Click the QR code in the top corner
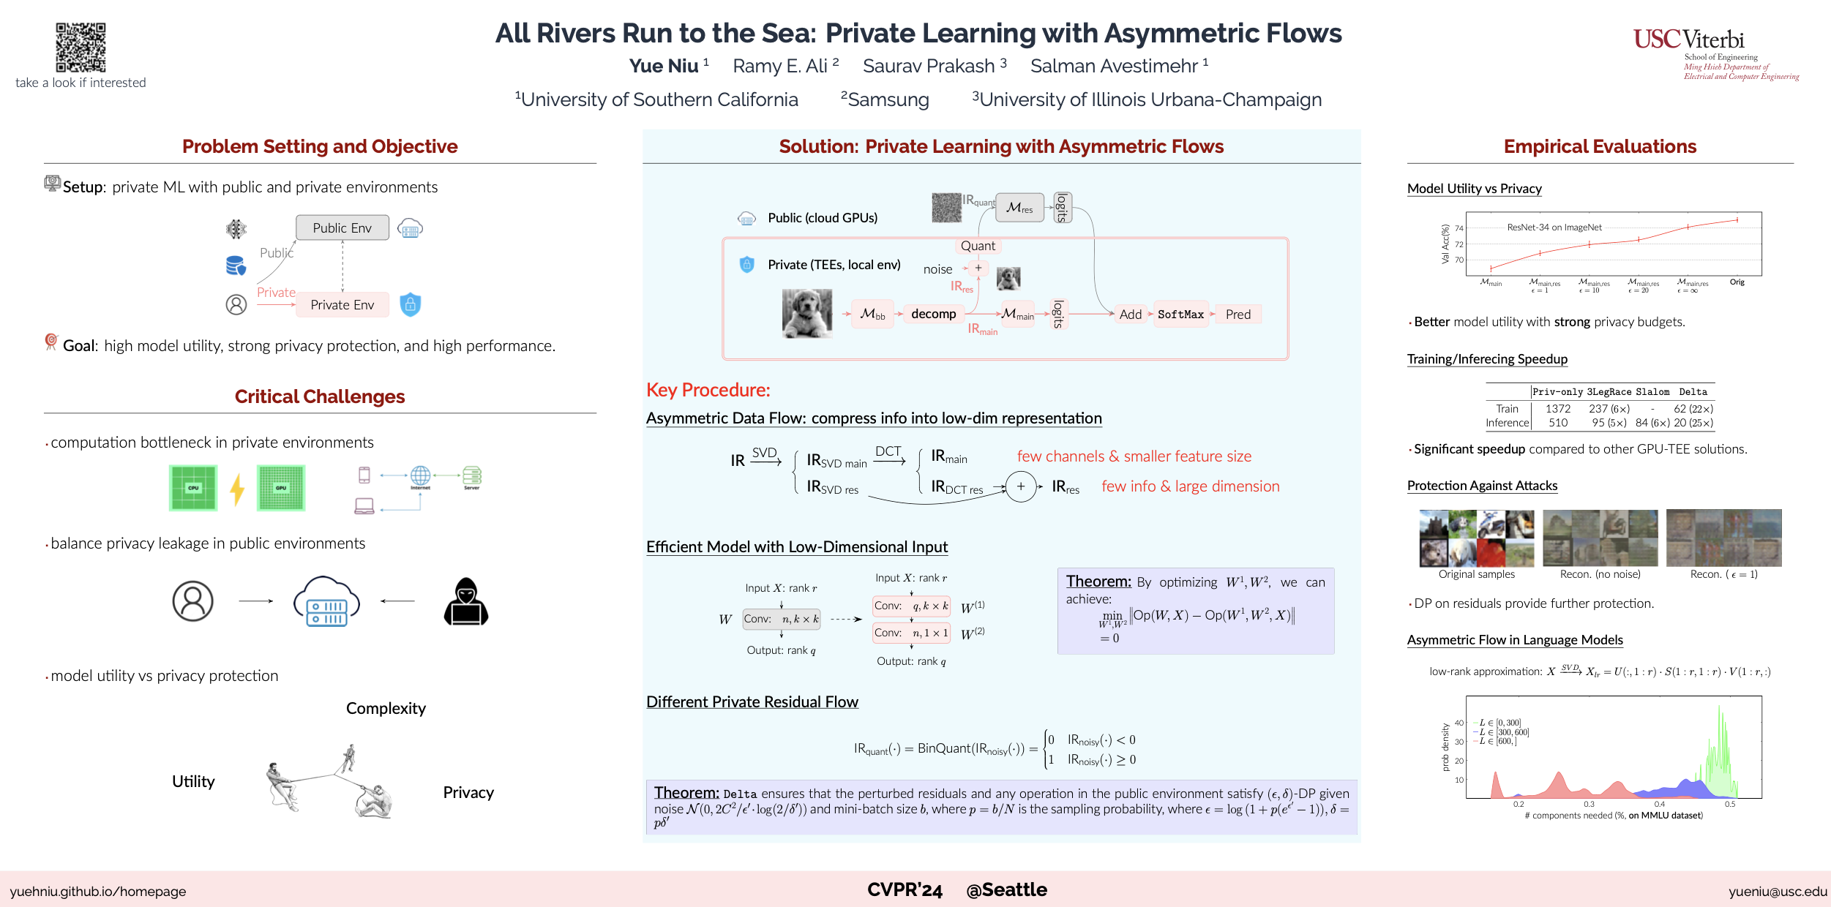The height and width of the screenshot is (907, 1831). tap(80, 47)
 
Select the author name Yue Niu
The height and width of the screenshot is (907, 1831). tap(664, 66)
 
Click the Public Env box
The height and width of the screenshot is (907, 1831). tap(342, 227)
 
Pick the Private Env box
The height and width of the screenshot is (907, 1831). tap(342, 305)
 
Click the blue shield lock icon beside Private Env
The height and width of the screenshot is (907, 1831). tap(411, 304)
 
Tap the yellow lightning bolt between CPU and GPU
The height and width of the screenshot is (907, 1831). tap(237, 489)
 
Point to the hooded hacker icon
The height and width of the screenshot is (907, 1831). tap(466, 602)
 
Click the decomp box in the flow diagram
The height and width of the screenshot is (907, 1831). tap(934, 314)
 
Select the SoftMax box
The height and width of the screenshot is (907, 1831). tap(1180, 315)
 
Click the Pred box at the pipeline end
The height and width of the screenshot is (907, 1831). tap(1238, 315)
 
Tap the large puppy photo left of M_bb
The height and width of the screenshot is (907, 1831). tap(807, 313)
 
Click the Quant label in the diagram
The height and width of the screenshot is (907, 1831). tap(978, 246)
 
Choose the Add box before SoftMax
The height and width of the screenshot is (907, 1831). tap(1130, 315)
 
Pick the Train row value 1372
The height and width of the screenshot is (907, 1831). tap(1558, 409)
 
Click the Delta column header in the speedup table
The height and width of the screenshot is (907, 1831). tap(1693, 392)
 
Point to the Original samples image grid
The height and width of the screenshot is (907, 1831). tap(1477, 538)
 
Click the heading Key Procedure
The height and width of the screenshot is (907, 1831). tap(708, 390)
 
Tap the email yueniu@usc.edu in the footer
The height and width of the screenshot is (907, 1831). tap(1778, 892)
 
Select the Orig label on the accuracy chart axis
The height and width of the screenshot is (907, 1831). tap(1737, 282)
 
